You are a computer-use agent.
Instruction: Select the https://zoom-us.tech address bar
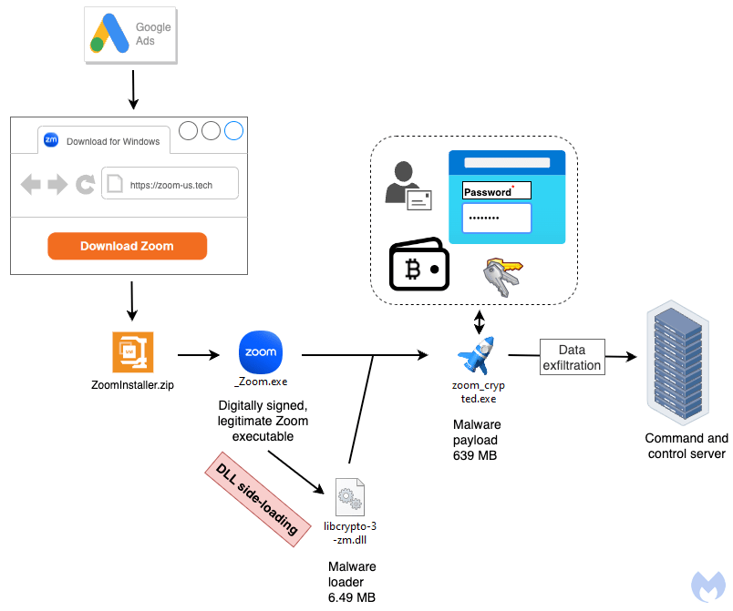click(x=170, y=185)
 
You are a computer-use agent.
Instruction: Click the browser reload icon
click(x=86, y=185)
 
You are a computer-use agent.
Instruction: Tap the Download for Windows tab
click(x=104, y=141)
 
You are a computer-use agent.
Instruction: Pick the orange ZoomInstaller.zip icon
click(x=132, y=352)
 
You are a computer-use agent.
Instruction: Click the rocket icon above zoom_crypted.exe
click(x=478, y=355)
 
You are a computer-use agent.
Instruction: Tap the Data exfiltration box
click(x=572, y=357)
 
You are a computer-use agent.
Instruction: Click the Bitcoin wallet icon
click(x=419, y=266)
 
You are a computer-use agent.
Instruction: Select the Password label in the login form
click(x=489, y=192)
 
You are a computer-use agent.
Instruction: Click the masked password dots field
click(x=496, y=219)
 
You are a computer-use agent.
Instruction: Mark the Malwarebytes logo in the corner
click(x=707, y=586)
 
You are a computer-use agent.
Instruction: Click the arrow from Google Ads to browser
click(x=133, y=88)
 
